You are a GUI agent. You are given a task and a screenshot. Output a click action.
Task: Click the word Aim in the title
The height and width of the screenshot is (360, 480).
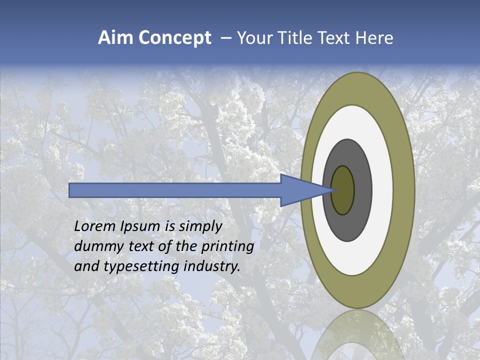pyautogui.click(x=115, y=38)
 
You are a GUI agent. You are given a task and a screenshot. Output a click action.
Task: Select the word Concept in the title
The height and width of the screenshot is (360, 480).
pyautogui.click(x=174, y=38)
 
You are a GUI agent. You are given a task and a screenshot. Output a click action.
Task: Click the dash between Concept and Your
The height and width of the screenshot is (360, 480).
pyautogui.click(x=226, y=38)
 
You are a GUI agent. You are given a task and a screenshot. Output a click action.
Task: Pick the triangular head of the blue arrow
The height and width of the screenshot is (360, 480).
pyautogui.click(x=300, y=190)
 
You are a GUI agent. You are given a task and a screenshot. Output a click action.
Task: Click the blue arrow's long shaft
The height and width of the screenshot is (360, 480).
pyautogui.click(x=175, y=190)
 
